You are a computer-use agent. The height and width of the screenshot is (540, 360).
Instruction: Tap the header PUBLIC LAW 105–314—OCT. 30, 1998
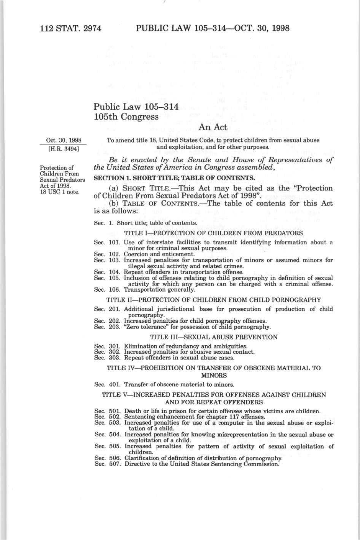pos(213,28)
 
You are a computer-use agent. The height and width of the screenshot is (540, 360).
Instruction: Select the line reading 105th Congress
pos(126,117)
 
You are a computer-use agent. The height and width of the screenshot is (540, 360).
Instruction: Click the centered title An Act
pos(213,127)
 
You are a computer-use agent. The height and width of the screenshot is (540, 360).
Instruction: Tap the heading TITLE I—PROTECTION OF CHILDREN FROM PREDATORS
pos(213,233)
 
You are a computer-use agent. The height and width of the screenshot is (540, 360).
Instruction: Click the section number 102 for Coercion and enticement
pos(115,254)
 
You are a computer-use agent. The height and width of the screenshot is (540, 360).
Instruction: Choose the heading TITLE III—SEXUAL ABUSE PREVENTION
pos(214,337)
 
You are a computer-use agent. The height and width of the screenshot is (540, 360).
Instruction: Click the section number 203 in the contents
pos(115,327)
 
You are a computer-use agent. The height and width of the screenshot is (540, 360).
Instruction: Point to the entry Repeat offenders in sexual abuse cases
pos(179,358)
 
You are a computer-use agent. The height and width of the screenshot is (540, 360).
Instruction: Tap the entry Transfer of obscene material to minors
pos(179,384)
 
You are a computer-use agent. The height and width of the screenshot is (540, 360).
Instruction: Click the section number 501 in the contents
pos(115,411)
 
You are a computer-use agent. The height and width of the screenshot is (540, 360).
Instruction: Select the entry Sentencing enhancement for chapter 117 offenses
pos(195,417)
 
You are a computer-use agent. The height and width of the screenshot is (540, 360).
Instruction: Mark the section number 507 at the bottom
pos(115,464)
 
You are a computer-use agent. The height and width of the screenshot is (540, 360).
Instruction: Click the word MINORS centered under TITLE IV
pos(214,376)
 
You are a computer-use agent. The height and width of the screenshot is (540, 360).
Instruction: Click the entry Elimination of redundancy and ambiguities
pos(185,346)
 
